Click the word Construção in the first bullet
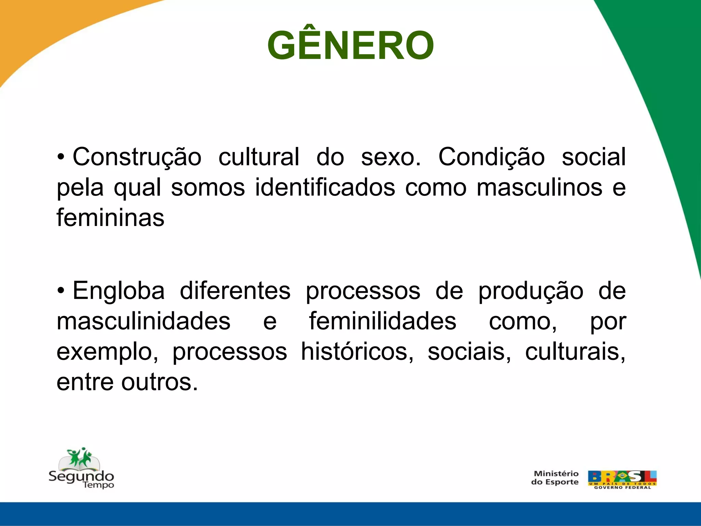click(x=137, y=157)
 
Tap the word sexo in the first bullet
click(x=390, y=157)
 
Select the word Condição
click(x=492, y=157)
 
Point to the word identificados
click(x=325, y=188)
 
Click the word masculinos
click(x=539, y=188)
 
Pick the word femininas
click(x=110, y=218)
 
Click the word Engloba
click(x=118, y=291)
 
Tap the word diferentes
click(x=235, y=291)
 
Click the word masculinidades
click(x=143, y=321)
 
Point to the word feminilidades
click(x=382, y=321)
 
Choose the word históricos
click(x=357, y=352)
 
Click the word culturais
click(x=575, y=352)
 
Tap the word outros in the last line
click(x=160, y=382)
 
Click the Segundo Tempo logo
click(x=81, y=468)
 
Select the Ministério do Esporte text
click(x=555, y=478)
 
